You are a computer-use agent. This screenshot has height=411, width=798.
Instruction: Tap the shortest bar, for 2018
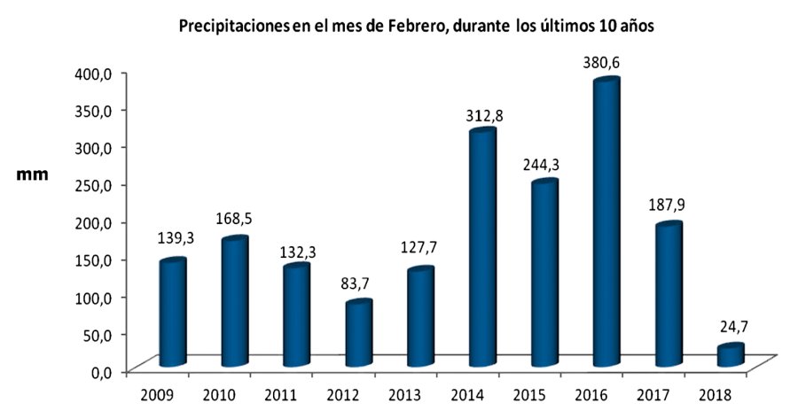tap(730, 354)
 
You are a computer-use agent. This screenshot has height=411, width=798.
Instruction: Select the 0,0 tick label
tap(98, 371)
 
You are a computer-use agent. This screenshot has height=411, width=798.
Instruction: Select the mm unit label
tap(34, 175)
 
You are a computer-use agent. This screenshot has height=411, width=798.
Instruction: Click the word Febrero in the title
tap(415, 27)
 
